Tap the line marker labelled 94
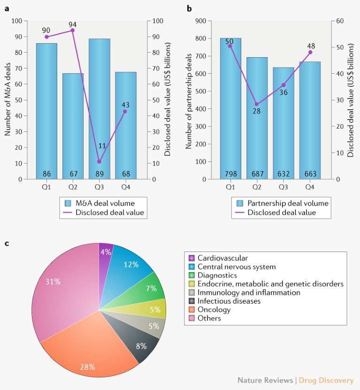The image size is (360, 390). coord(73,31)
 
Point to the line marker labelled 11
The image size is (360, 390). coord(99,161)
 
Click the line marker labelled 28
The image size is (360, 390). coord(256,104)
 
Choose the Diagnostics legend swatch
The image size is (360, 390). coord(191,275)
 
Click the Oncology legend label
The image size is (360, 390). coord(214,310)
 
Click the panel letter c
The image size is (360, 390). coord(7,243)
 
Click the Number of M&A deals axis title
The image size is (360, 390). coord(8,100)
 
